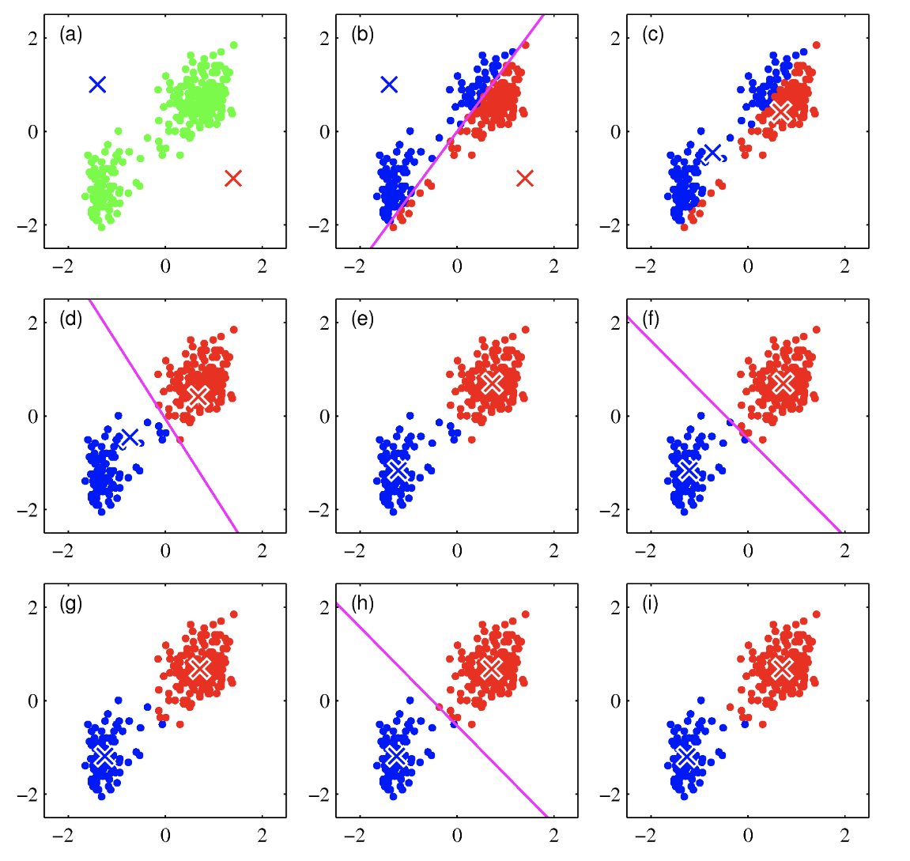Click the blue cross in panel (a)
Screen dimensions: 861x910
point(97,84)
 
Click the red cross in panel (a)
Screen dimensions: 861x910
point(232,178)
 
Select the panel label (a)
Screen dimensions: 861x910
point(70,35)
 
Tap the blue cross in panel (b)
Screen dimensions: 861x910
point(389,84)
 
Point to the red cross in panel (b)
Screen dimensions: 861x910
point(525,178)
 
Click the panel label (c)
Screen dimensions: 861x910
point(653,35)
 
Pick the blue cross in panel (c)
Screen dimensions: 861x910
point(713,153)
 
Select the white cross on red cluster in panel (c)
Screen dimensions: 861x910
point(781,111)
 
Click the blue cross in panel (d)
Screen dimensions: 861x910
point(130,437)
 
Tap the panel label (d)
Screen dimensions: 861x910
point(70,319)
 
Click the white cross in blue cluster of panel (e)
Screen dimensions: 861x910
point(397,471)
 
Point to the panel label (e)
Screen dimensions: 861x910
point(362,319)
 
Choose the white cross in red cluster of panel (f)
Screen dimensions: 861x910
point(783,383)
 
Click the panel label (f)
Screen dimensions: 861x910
point(652,319)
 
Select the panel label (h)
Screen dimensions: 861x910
point(362,604)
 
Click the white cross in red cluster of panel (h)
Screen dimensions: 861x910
point(491,668)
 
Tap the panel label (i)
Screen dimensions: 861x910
point(651,604)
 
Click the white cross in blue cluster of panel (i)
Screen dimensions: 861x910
point(687,757)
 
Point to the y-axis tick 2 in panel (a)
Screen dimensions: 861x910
point(32,38)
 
